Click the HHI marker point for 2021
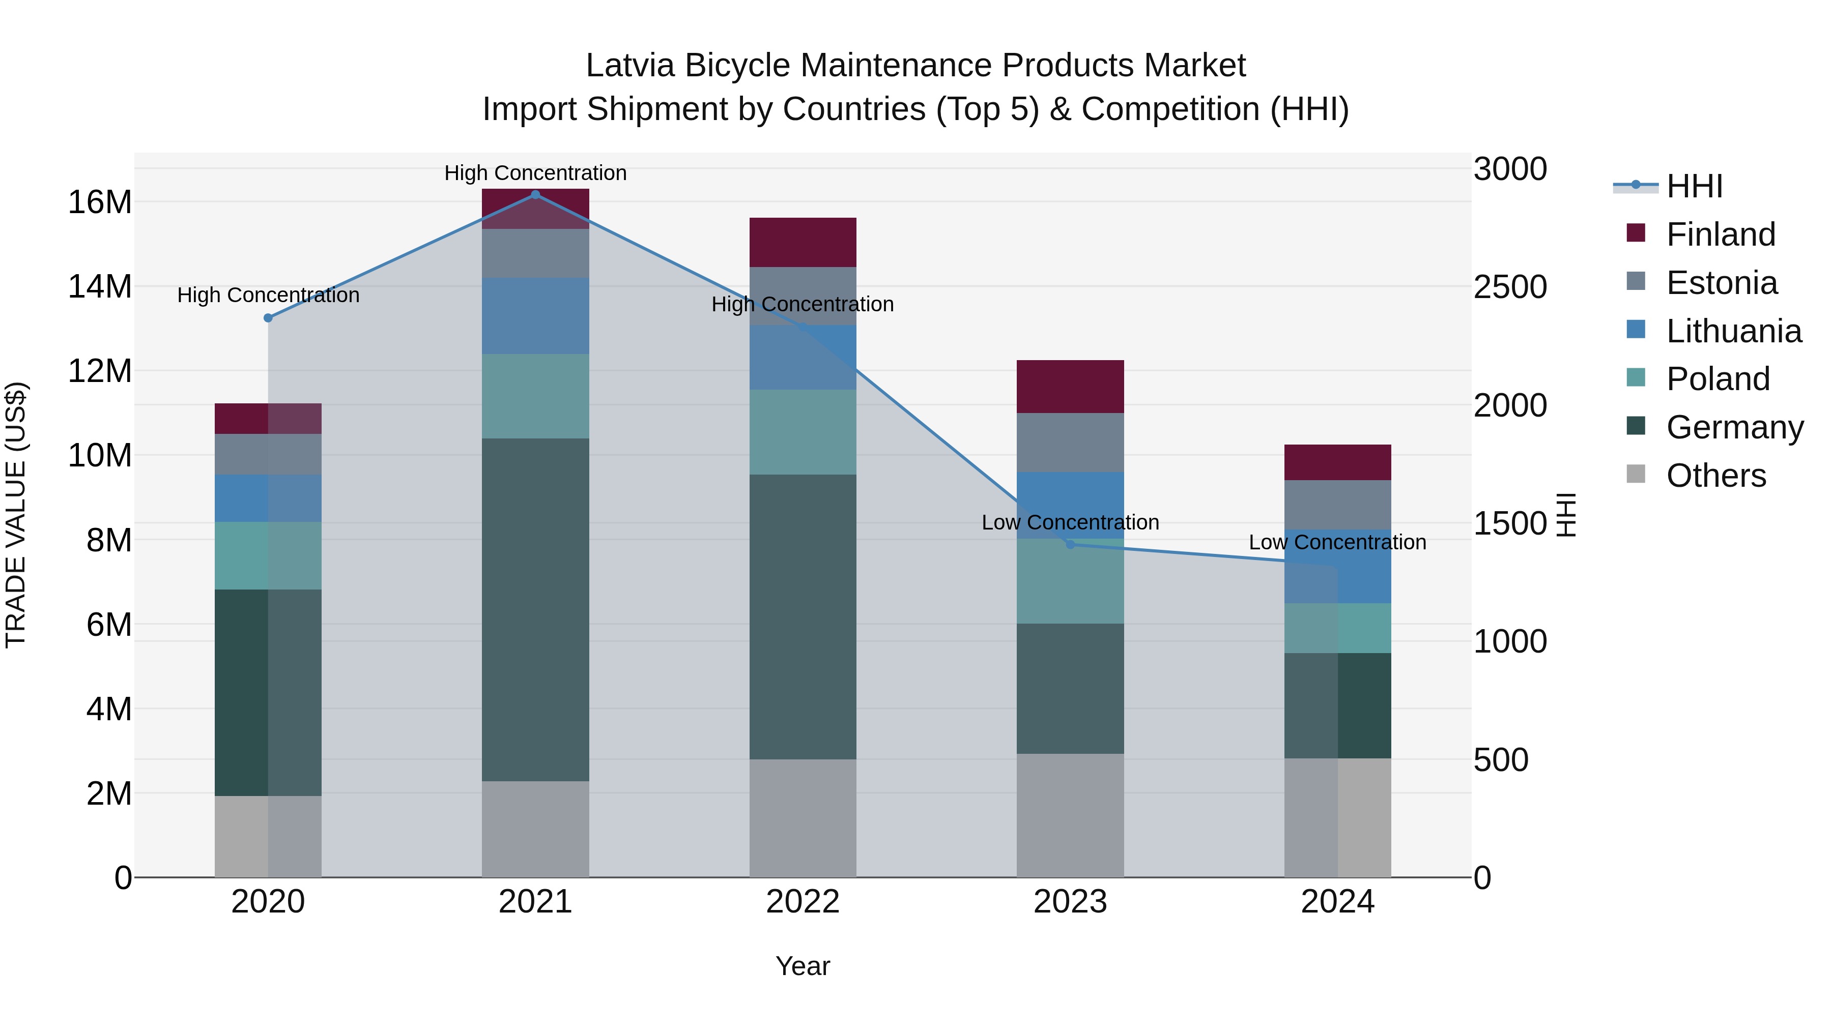click(535, 195)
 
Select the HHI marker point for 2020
click(268, 318)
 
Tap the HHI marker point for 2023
click(1070, 544)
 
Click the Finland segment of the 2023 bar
click(1070, 387)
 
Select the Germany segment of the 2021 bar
click(535, 609)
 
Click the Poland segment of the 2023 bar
click(1070, 581)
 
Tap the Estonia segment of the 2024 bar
click(1338, 505)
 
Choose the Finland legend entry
click(1721, 234)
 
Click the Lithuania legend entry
click(1733, 331)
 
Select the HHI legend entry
click(1694, 186)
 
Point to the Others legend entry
click(1715, 476)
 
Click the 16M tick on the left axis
click(100, 202)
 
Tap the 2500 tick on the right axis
click(1510, 287)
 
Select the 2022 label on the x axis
click(803, 902)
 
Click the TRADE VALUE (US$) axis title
click(16, 515)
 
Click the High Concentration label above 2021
click(535, 173)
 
